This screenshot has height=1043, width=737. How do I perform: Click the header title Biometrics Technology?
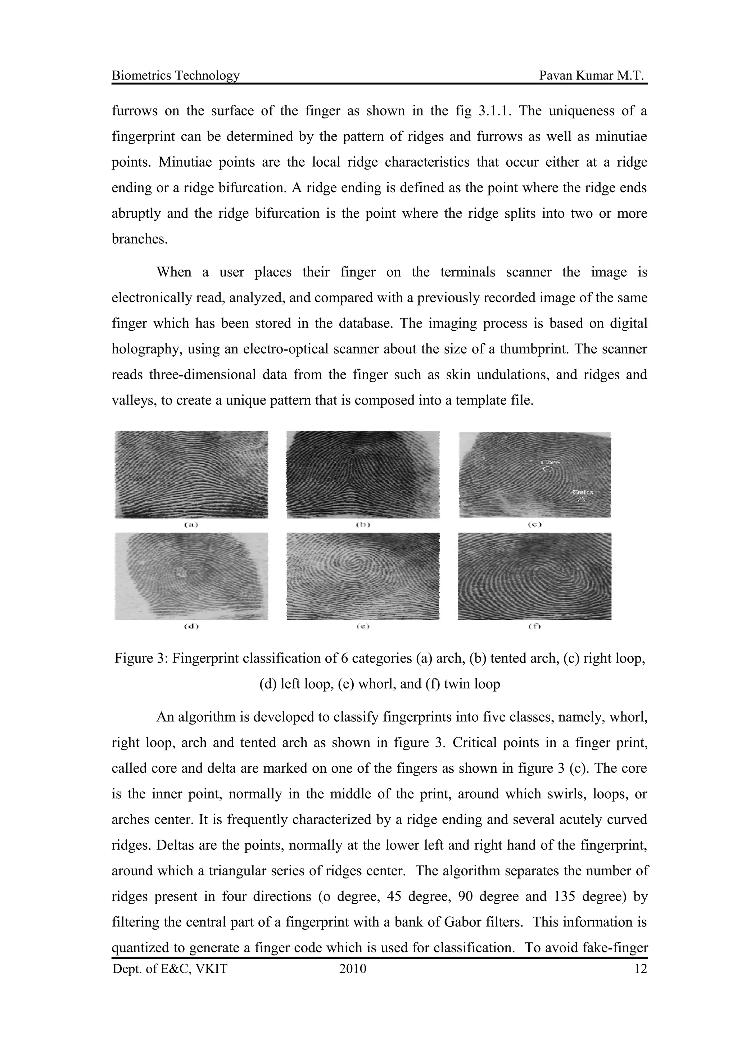[x=175, y=76]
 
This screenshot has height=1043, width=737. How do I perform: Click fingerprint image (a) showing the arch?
[x=191, y=474]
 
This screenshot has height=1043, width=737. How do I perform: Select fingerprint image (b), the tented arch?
[x=363, y=474]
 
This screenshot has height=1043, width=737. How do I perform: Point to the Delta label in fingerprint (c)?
[x=583, y=492]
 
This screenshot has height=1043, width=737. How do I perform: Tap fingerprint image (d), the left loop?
[x=191, y=576]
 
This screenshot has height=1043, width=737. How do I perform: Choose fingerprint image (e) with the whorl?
[x=363, y=576]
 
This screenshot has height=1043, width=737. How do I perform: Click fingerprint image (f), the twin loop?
[x=534, y=576]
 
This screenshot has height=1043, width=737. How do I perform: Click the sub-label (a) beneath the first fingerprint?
[x=191, y=525]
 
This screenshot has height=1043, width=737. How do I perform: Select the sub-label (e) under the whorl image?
[x=363, y=627]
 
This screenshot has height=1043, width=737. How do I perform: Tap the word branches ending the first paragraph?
[x=139, y=239]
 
